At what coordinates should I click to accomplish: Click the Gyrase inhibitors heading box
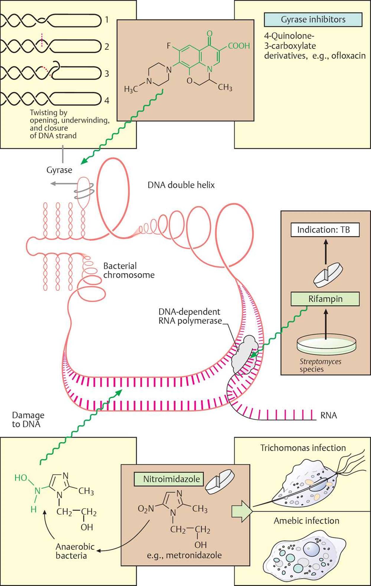coord(313,20)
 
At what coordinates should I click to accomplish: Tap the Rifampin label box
coord(325,299)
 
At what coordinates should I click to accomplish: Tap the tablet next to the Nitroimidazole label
coord(220,481)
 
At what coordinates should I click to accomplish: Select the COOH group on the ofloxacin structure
coord(239,46)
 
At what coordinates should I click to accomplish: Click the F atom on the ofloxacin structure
coord(169,46)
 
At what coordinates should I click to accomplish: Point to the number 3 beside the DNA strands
coord(107,73)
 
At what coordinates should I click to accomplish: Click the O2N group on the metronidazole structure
coord(146,509)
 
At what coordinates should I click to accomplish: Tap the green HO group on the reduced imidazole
coord(21,478)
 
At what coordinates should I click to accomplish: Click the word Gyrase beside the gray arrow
coord(59,170)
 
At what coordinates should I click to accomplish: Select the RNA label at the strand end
coord(329,415)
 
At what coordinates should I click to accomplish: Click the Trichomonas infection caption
coord(303,448)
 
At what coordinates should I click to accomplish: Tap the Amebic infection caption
coord(306,521)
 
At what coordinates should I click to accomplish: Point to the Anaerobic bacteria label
coord(71,551)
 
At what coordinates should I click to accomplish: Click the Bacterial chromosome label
coord(129,270)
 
